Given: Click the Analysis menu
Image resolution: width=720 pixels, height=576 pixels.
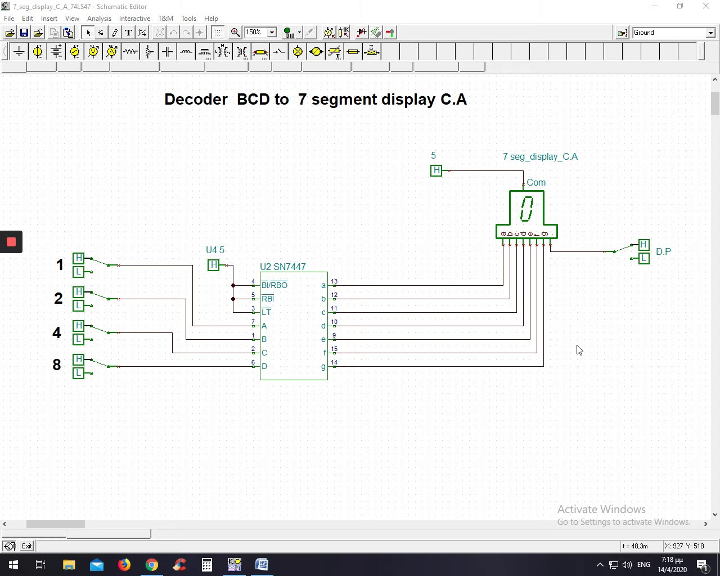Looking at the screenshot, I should point(99,19).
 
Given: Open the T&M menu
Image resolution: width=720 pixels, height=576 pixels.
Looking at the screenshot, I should point(165,19).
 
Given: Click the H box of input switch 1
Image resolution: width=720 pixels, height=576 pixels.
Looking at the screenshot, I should point(78,258).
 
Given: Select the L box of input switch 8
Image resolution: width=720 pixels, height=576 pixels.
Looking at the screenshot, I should point(78,373).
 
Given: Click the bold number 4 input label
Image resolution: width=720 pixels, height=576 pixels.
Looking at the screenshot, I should point(57,332).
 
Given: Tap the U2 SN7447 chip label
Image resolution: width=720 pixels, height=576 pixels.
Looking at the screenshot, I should point(282,267).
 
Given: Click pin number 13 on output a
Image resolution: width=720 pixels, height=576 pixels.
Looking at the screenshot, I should point(334,281).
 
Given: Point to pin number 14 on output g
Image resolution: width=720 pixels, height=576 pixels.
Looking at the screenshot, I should point(334,362).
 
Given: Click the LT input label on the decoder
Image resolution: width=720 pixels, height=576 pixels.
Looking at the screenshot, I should point(266,312).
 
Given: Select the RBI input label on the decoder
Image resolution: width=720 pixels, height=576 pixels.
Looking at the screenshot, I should point(268,299).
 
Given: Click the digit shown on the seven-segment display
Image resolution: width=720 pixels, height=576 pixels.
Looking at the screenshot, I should point(526,209).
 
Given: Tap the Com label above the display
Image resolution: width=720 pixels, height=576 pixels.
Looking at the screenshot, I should point(536,182).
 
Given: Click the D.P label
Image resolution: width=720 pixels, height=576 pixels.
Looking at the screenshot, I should point(663,251).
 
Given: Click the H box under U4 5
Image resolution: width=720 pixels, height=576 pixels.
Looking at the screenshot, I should point(213,265).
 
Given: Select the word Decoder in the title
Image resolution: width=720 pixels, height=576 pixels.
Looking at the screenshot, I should point(196,100).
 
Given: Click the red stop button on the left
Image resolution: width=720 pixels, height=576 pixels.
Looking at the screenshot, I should point(11,242).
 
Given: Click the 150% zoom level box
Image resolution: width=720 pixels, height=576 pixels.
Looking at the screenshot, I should point(255,33).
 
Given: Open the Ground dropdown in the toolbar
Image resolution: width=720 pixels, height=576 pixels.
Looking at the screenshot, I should point(710,33).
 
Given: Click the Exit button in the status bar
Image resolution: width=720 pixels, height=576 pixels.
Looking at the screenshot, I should point(26,546).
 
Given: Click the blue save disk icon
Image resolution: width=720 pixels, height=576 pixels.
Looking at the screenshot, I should point(24,33).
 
